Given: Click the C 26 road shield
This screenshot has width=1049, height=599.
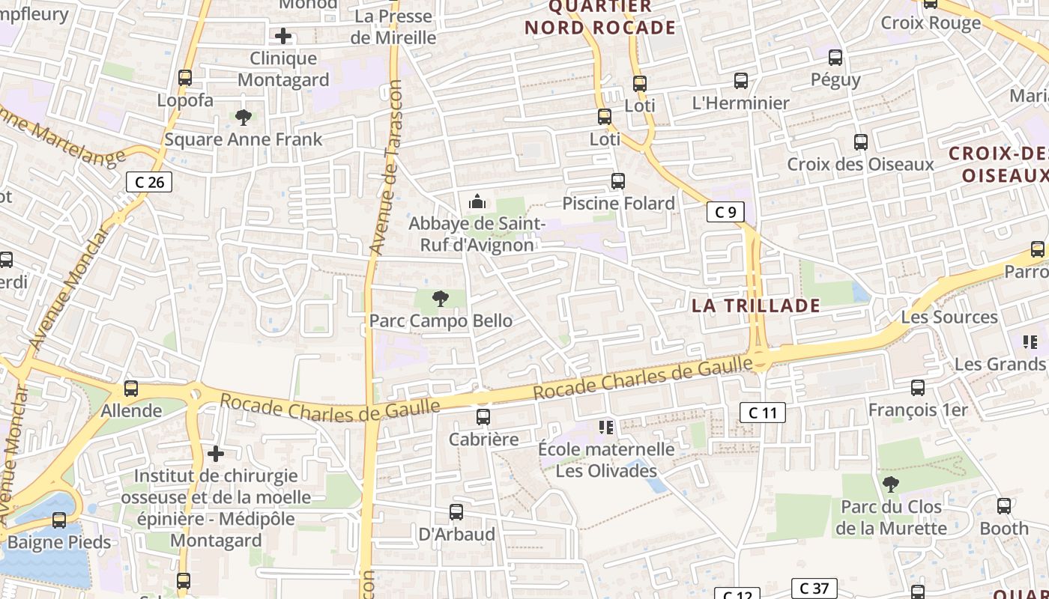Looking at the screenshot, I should pos(149,181).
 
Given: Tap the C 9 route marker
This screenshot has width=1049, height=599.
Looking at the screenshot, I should pos(725,212).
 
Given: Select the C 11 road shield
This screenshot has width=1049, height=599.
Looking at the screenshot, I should pos(763,412).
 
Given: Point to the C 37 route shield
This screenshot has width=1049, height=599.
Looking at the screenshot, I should pos(814,589).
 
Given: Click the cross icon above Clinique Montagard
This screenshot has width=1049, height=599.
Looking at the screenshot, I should pos(283,36).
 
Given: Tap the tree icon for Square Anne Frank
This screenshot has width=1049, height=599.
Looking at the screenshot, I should pos(243,117).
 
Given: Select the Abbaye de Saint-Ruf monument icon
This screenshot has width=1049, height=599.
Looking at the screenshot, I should pos(477,201).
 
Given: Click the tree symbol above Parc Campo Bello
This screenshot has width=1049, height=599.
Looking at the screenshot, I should pos(441,299).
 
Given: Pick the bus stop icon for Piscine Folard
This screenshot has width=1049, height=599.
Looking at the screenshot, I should pos(618,181).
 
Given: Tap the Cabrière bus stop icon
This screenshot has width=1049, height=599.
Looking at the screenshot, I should pos(483,417).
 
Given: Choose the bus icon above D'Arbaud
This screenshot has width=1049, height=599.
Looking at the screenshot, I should pos(456,512).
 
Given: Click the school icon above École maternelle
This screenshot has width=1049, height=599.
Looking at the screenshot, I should pos(606,428).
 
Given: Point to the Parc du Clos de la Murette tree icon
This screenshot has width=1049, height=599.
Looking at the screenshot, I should pos(890,484).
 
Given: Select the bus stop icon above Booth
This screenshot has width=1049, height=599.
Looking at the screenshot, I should pos(1004,506).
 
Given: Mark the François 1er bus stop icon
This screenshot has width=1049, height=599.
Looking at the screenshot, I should pos(918,388).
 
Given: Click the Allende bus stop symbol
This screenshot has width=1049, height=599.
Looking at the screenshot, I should pos(131,389).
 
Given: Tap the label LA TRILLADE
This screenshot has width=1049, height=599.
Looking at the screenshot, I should pos(755,305).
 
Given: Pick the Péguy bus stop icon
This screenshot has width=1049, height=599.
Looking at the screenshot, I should pos(835,57).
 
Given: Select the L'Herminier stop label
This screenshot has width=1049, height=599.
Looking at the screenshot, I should pos(740,103).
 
